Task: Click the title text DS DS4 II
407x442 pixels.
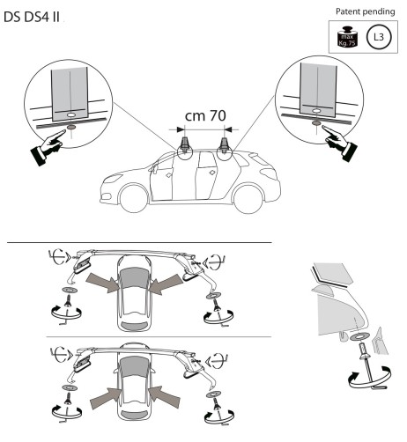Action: pos(32,18)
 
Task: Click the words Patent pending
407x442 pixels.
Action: pos(365,11)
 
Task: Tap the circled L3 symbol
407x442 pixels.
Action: pos(379,37)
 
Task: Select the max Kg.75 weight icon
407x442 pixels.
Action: pos(347,37)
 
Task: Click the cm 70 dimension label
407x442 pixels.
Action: pos(205,115)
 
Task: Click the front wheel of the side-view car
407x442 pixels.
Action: pos(134,198)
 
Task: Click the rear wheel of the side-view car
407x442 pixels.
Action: pos(248,199)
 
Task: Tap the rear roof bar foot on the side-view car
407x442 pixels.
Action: pos(226,145)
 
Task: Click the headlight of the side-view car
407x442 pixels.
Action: pos(113,178)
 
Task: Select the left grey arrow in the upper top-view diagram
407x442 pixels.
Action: pos(102,282)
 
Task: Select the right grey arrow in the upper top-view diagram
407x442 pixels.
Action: pos(166,284)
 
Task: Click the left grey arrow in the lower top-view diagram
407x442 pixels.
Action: pos(106,398)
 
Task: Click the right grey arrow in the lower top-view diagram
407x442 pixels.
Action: pos(164,397)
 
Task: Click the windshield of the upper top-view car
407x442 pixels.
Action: pos(134,278)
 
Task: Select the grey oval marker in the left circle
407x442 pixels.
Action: pos(71,128)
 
